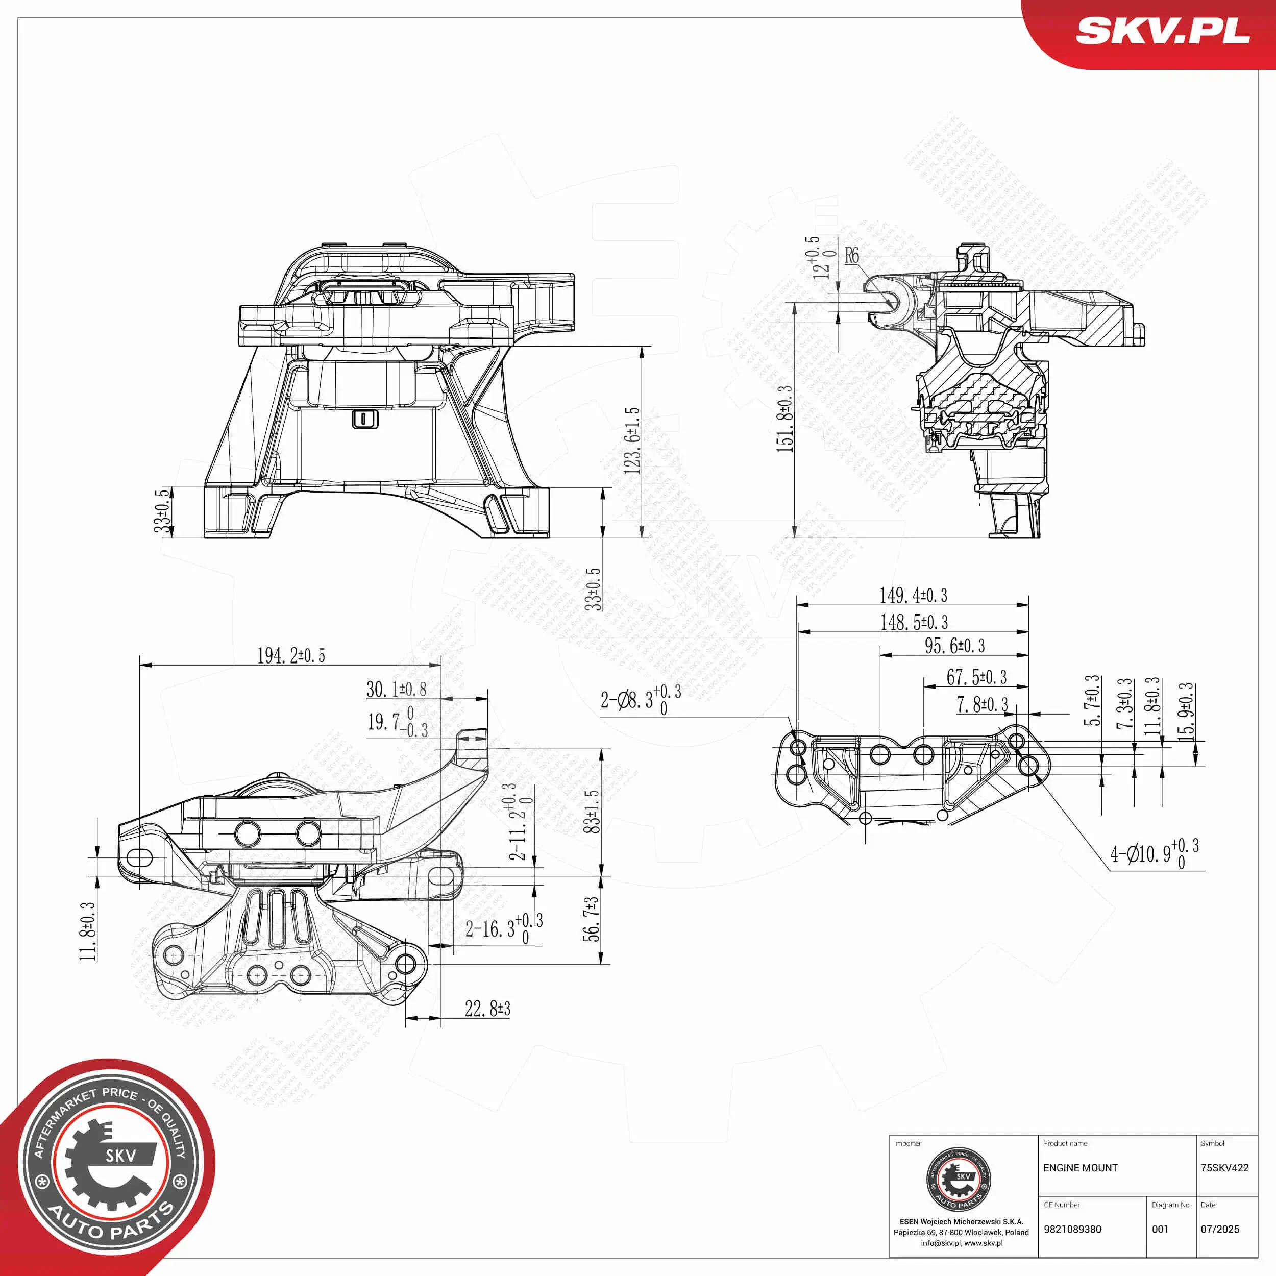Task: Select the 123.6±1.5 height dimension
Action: (632, 440)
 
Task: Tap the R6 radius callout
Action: (852, 255)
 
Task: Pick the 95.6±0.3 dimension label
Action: (954, 646)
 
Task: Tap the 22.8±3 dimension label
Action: (487, 1009)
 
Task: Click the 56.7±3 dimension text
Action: (593, 919)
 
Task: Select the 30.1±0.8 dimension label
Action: (396, 690)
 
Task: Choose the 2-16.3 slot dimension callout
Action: (504, 928)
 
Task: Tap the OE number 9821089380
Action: (1072, 1229)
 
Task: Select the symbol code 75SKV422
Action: (1224, 1168)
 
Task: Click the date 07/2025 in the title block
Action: (1220, 1229)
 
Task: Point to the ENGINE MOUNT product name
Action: (1081, 1168)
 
